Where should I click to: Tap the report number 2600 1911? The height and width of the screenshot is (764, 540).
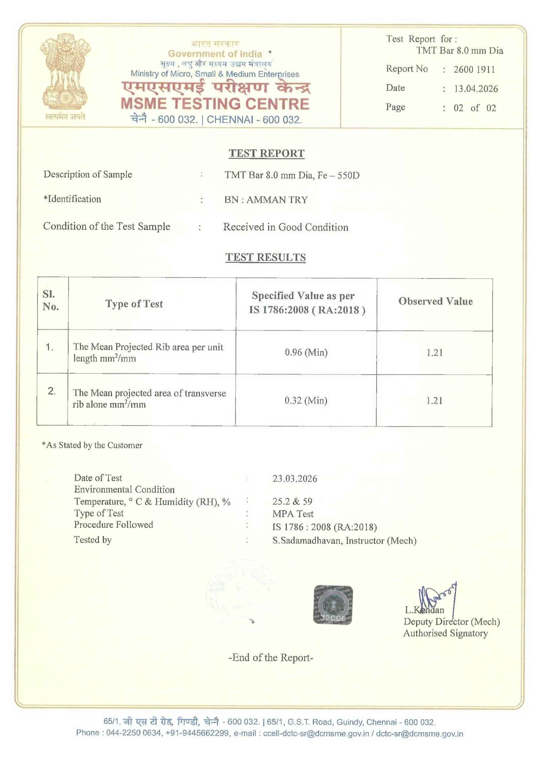point(474,70)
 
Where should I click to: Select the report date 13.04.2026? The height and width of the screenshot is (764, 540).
point(476,89)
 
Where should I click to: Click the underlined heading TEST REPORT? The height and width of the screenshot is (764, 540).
point(267,153)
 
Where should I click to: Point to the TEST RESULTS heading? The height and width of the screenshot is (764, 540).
point(266,257)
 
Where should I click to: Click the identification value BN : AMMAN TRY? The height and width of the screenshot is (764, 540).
point(266,200)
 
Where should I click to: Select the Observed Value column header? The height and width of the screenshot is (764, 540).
point(435,302)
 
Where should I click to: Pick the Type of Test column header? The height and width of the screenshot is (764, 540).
point(134,304)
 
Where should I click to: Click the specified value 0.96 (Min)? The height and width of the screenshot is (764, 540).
point(306,352)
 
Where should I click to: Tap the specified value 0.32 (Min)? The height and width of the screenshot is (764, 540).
point(306,400)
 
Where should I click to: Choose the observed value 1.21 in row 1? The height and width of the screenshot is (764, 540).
point(434,353)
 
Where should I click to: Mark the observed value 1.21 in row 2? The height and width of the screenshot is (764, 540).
point(434,401)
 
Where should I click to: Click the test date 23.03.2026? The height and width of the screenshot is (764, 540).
point(295,479)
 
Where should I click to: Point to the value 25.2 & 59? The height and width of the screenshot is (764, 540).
point(292,502)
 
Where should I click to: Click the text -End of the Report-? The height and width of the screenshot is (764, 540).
point(270,658)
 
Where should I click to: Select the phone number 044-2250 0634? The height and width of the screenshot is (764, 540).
point(134,733)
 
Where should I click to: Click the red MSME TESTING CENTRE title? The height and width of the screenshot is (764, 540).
point(215,104)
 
